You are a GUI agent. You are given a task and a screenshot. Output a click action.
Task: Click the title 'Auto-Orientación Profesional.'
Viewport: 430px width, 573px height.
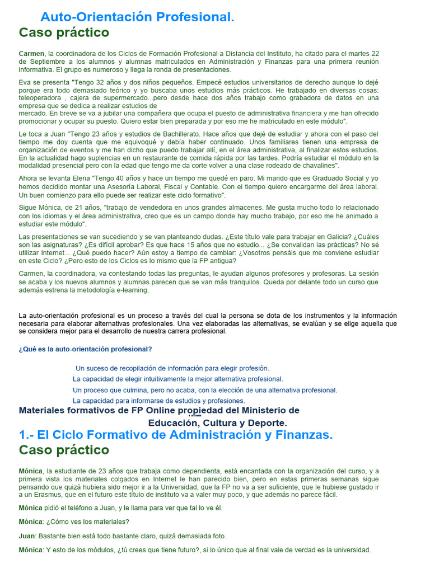click(x=138, y=17)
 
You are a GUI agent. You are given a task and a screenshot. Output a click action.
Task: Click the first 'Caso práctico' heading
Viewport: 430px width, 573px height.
click(x=64, y=32)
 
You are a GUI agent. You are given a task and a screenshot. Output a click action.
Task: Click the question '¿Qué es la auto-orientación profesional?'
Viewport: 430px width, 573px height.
click(x=85, y=349)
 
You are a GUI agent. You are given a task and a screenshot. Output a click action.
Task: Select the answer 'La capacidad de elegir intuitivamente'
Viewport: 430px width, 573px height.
click(x=178, y=379)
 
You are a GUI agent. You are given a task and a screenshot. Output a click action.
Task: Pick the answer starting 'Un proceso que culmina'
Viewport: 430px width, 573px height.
click(x=205, y=390)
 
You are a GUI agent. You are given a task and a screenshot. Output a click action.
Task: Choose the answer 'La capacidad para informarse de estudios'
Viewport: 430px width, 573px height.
click(x=159, y=401)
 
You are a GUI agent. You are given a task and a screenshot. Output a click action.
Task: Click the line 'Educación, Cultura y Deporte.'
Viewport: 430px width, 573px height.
click(x=217, y=422)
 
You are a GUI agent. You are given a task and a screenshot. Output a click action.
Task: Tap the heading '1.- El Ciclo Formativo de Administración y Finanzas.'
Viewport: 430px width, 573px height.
click(x=176, y=435)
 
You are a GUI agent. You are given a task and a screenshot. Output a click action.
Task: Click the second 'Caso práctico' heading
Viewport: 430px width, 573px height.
click(x=64, y=450)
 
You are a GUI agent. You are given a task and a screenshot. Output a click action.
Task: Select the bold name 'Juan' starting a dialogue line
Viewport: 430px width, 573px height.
click(x=27, y=536)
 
